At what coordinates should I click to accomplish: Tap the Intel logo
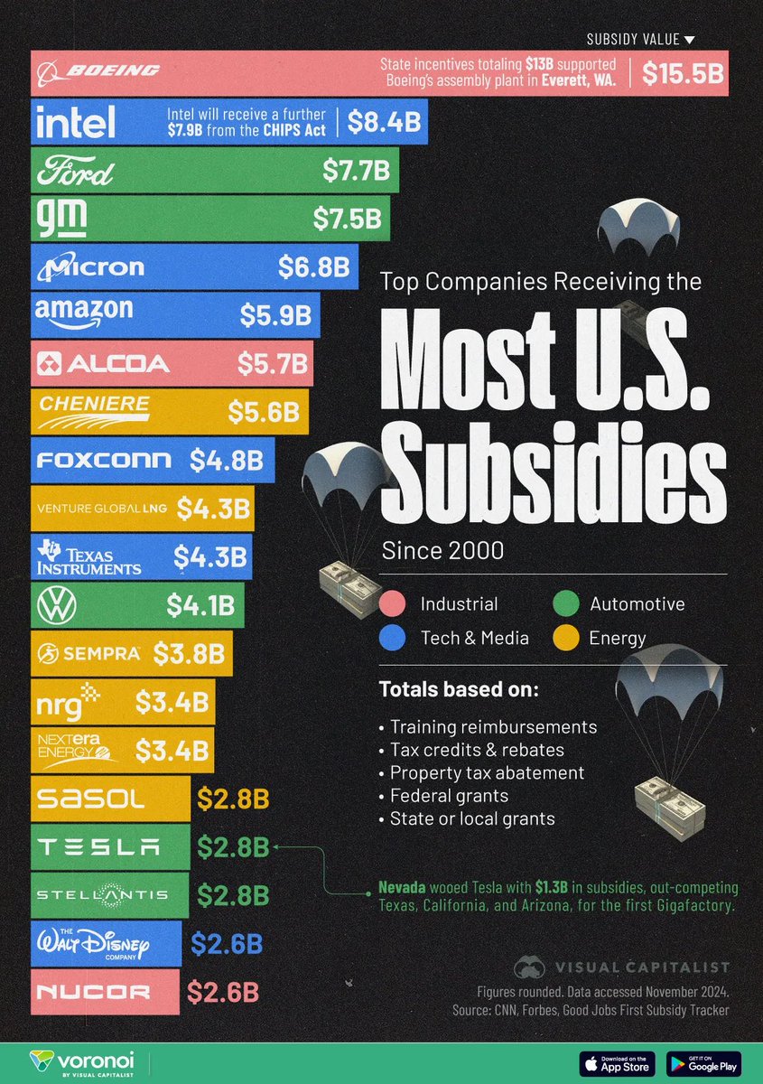(76, 122)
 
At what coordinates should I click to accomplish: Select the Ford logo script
(74, 171)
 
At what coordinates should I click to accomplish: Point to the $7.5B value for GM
(347, 219)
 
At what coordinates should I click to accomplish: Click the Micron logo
(88, 266)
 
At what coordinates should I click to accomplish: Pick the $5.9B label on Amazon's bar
(275, 315)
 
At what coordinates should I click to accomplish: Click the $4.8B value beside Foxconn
(227, 459)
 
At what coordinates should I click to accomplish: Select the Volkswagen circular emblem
(55, 604)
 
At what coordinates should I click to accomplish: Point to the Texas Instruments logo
(88, 556)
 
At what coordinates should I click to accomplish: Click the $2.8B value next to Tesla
(233, 847)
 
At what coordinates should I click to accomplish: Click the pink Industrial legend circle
(393, 604)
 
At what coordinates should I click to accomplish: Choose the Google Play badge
(703, 1062)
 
